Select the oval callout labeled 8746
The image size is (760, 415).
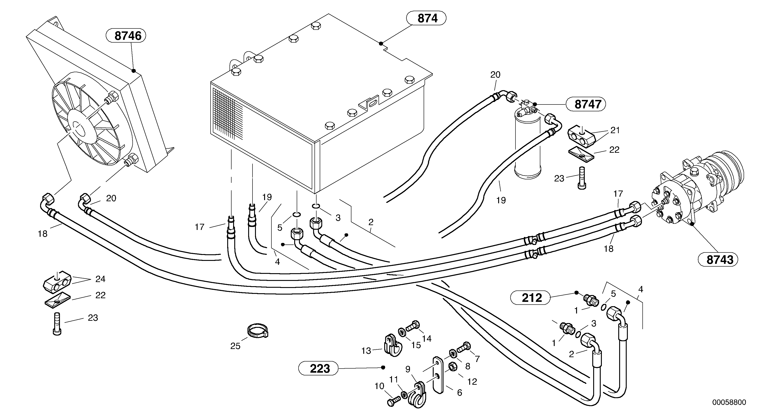(x=126, y=36)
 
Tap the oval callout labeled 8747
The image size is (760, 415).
(x=586, y=104)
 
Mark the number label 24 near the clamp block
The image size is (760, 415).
(x=100, y=279)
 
